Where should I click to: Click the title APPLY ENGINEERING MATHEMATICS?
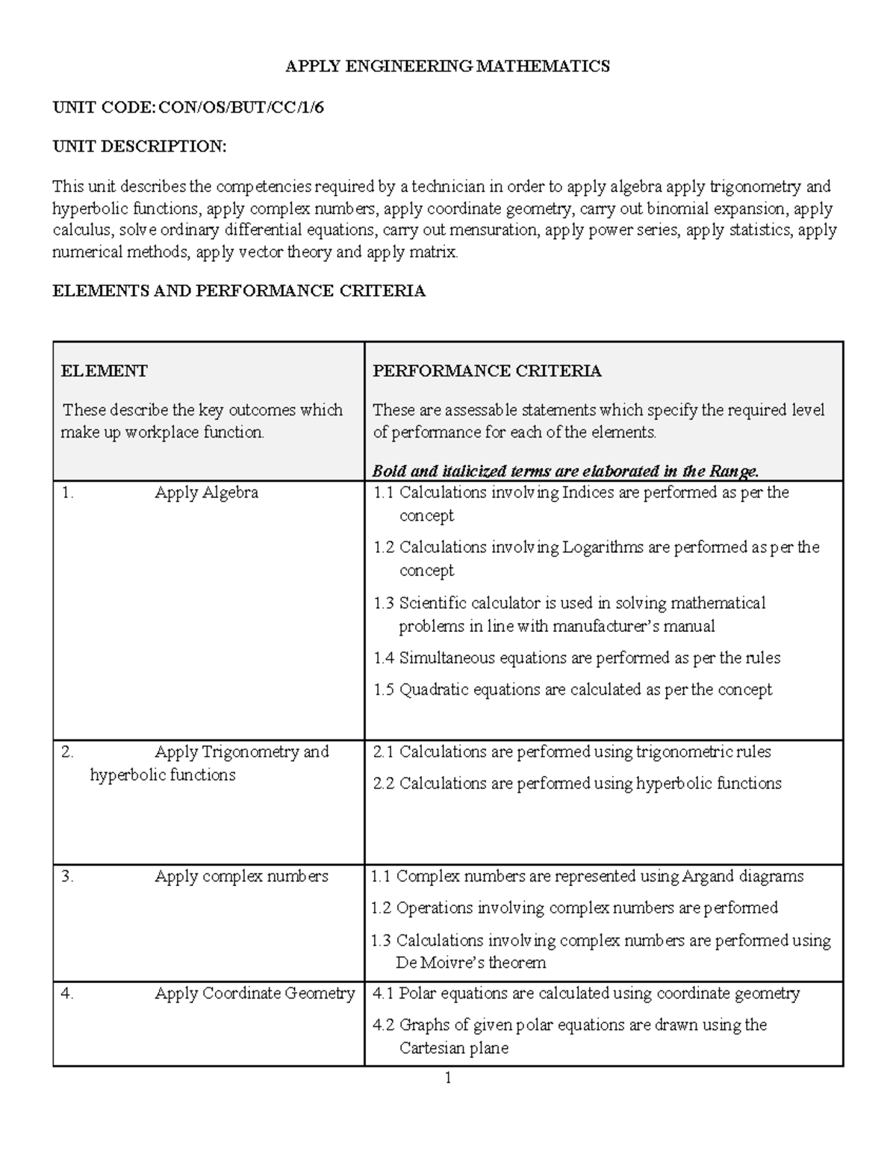pos(448,66)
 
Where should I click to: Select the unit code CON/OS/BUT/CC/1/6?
pos(241,108)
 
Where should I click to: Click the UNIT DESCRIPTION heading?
pos(139,146)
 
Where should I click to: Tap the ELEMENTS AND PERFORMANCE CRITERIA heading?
pos(239,291)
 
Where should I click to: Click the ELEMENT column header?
pos(104,371)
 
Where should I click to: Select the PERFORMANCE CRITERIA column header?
pos(487,371)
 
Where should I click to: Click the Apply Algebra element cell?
pos(206,493)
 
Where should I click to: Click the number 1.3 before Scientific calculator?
pos(383,604)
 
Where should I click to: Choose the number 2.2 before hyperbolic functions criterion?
pos(383,784)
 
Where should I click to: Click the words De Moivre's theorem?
pos(470,963)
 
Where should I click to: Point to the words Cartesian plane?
pos(453,1048)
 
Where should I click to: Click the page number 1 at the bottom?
pos(448,1078)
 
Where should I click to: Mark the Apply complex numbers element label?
pos(241,876)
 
